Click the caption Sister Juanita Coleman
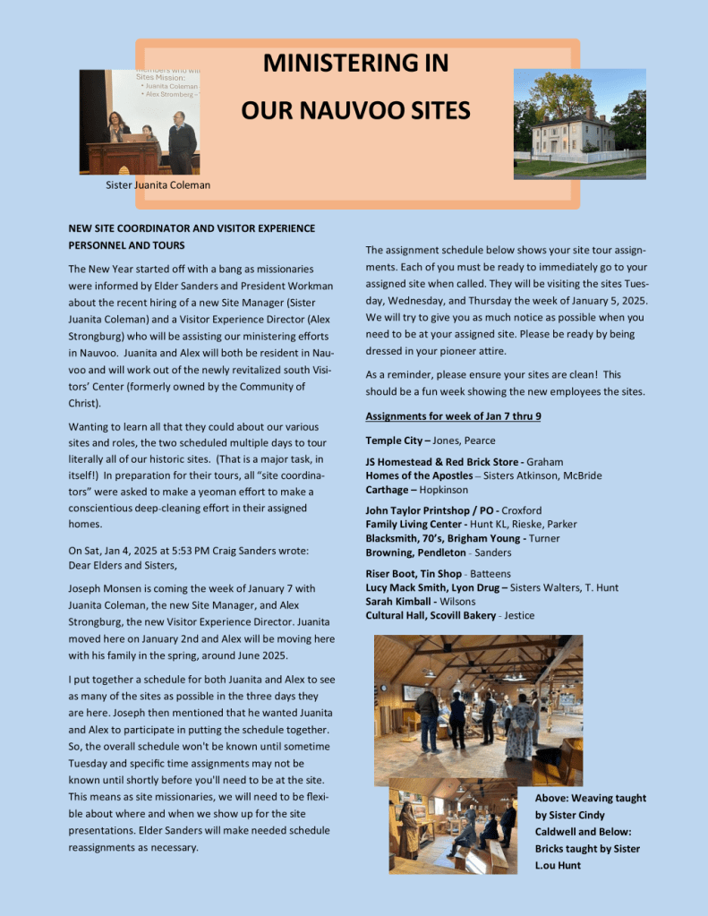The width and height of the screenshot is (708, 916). [x=158, y=185]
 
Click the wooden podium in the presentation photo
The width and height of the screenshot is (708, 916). [x=124, y=158]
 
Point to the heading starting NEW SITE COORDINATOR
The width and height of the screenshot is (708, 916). [x=192, y=228]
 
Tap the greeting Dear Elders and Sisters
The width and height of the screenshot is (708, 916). [x=123, y=565]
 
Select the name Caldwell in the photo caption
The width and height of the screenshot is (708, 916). [x=563, y=832]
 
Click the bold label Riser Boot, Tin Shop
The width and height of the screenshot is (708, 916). [x=414, y=573]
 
